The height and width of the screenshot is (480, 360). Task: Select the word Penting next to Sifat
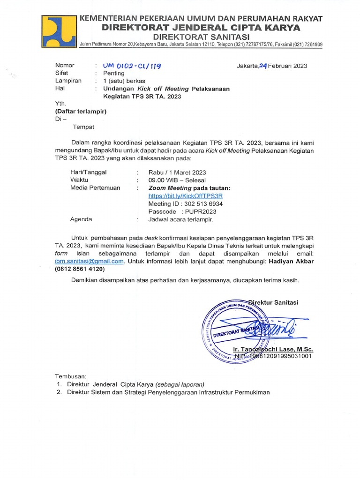click(114, 73)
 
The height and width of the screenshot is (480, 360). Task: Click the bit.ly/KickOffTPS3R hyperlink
click(185, 196)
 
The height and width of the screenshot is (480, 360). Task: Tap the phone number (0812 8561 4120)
click(80, 269)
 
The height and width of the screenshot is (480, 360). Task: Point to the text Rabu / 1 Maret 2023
click(177, 172)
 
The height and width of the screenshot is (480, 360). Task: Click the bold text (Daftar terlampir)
click(81, 111)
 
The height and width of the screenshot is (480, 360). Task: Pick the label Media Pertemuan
click(95, 187)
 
